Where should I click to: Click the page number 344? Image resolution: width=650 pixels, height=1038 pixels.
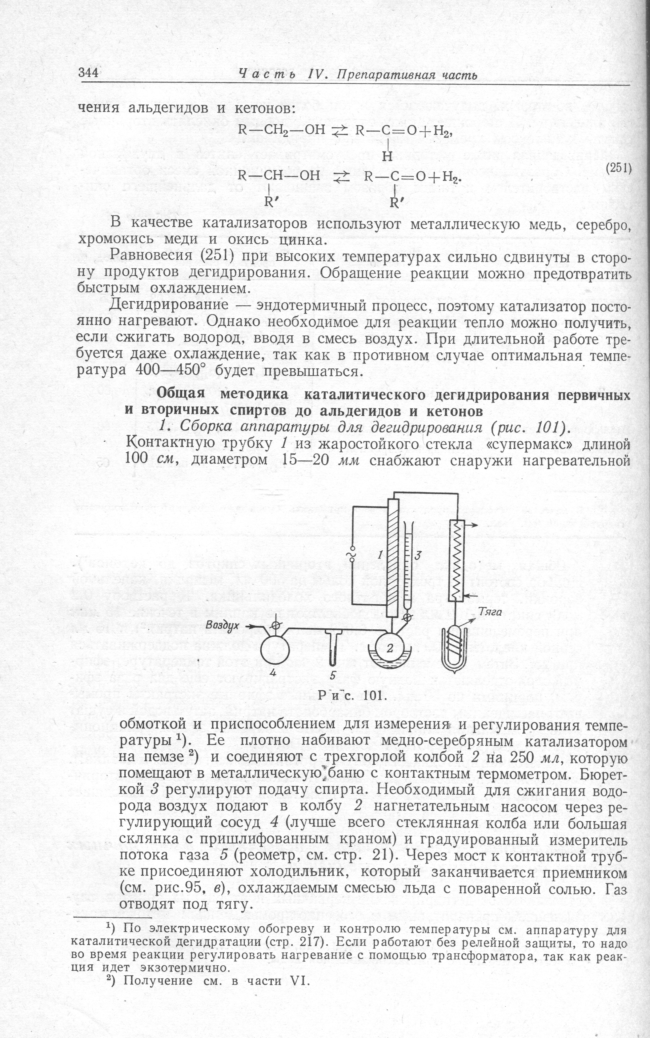[89, 73]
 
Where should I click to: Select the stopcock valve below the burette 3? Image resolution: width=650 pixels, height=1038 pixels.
[407, 618]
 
